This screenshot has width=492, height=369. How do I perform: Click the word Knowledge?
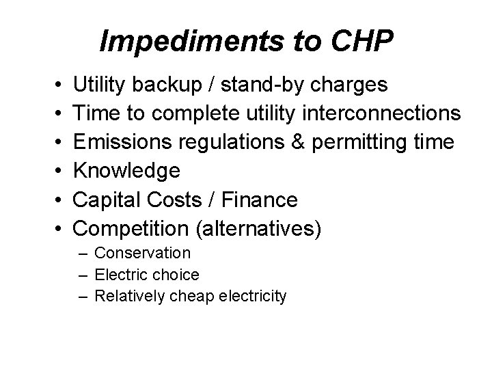click(x=127, y=171)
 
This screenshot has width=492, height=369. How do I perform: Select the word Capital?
click(x=105, y=200)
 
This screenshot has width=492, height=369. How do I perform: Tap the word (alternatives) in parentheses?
click(x=258, y=228)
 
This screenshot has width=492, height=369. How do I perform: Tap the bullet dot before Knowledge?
click(x=53, y=171)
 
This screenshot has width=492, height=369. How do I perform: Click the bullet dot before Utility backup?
click(x=53, y=85)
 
